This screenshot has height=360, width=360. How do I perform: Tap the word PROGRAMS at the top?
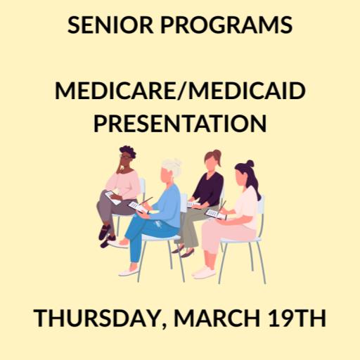(229, 25)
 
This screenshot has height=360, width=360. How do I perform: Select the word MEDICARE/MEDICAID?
(180, 91)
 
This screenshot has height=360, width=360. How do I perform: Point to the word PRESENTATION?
(180, 123)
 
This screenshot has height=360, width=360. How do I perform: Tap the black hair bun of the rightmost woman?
(250, 165)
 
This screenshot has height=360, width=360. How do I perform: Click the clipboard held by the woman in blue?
(139, 207)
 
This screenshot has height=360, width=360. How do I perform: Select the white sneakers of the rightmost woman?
(204, 271)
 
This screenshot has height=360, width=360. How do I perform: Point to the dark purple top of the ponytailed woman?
(209, 188)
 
